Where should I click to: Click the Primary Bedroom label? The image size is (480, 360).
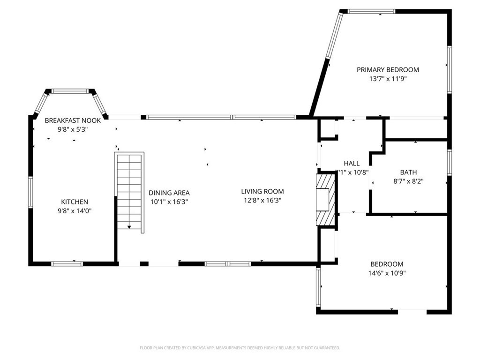(x=388, y=70)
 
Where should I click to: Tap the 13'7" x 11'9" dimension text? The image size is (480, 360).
(x=388, y=79)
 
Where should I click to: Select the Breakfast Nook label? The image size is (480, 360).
(x=73, y=120)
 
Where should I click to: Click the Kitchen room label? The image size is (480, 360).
(x=75, y=202)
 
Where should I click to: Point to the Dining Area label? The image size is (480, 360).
(x=169, y=193)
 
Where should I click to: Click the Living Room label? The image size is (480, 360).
(x=262, y=192)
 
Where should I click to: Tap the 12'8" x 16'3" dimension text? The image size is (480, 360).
(x=262, y=201)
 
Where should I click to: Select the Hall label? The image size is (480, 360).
(x=352, y=164)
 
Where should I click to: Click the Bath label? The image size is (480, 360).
(x=408, y=172)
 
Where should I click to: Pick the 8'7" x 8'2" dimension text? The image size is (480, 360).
(x=408, y=181)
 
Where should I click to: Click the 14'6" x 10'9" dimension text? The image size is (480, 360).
(x=387, y=273)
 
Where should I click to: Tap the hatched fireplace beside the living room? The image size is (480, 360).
(x=326, y=200)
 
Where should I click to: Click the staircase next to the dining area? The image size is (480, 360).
(x=129, y=192)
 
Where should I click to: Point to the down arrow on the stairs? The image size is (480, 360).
(x=129, y=227)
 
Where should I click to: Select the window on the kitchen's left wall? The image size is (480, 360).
(x=30, y=192)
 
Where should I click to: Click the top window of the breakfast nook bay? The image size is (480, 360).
(x=70, y=91)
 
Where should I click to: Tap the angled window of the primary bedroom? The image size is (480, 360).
(x=334, y=35)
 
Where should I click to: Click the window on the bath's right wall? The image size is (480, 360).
(x=450, y=162)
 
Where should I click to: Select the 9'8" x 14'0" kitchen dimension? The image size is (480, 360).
(x=75, y=211)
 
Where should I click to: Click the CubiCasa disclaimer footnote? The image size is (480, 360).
(x=240, y=348)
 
